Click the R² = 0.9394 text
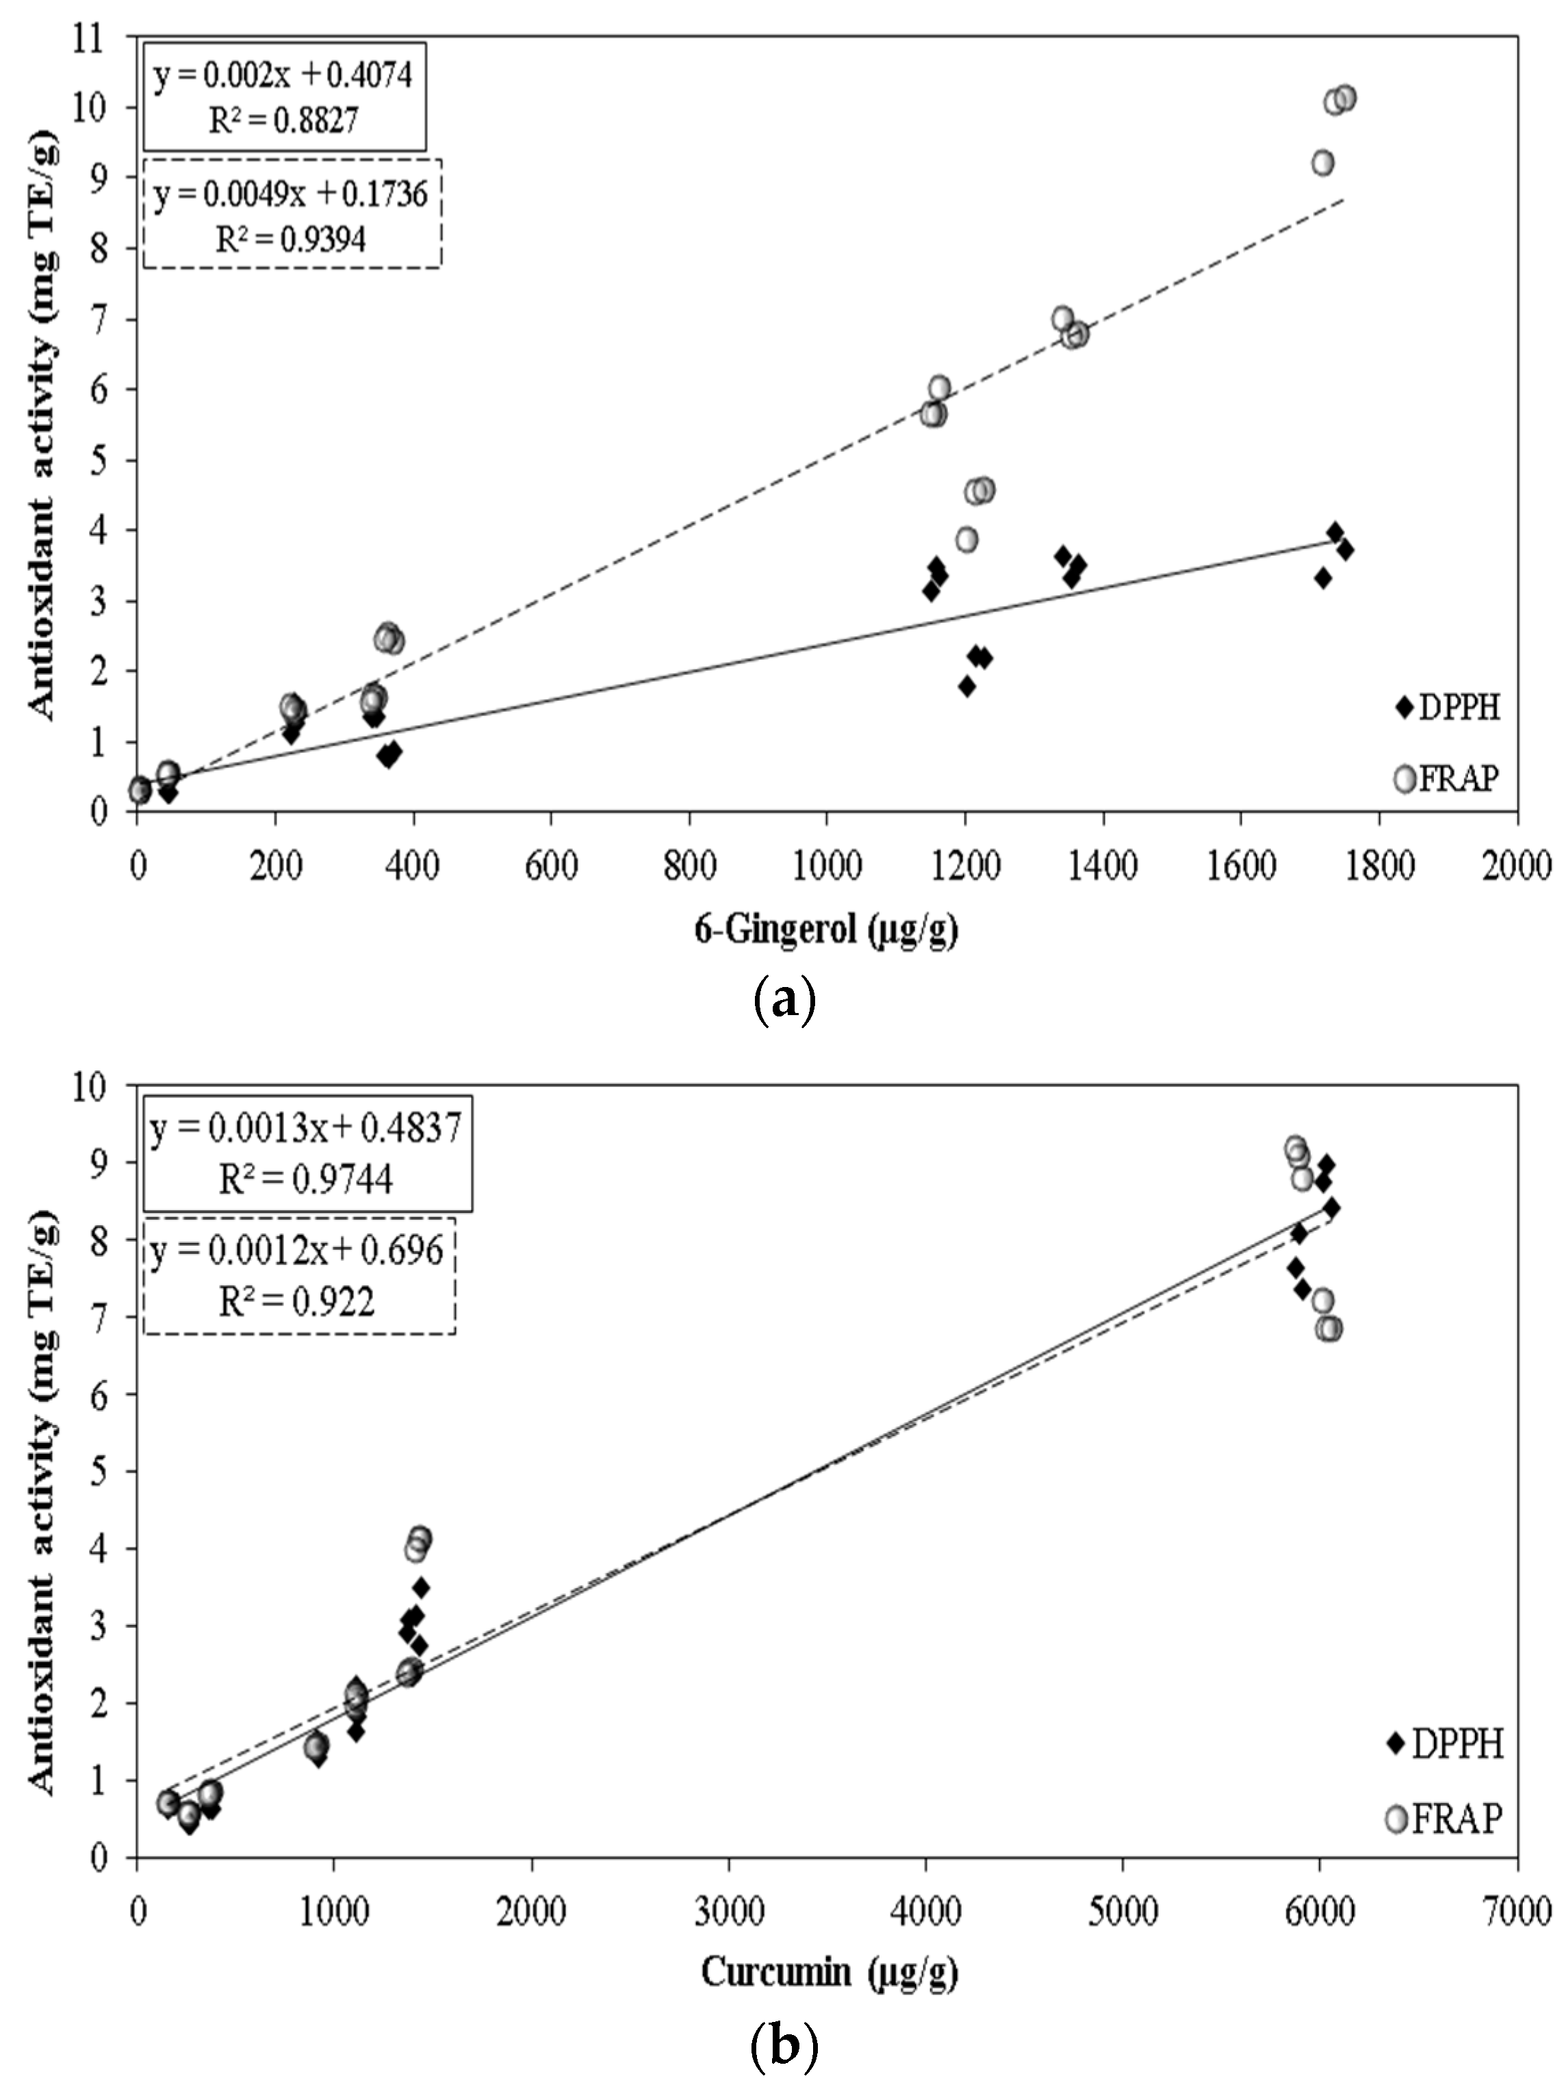click(x=291, y=240)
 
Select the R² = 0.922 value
click(x=297, y=1302)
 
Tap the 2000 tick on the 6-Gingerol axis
click(x=1516, y=865)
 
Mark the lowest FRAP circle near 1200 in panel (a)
click(x=966, y=539)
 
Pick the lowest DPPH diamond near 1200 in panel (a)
click(x=966, y=686)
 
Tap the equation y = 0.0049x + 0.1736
click(x=291, y=194)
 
